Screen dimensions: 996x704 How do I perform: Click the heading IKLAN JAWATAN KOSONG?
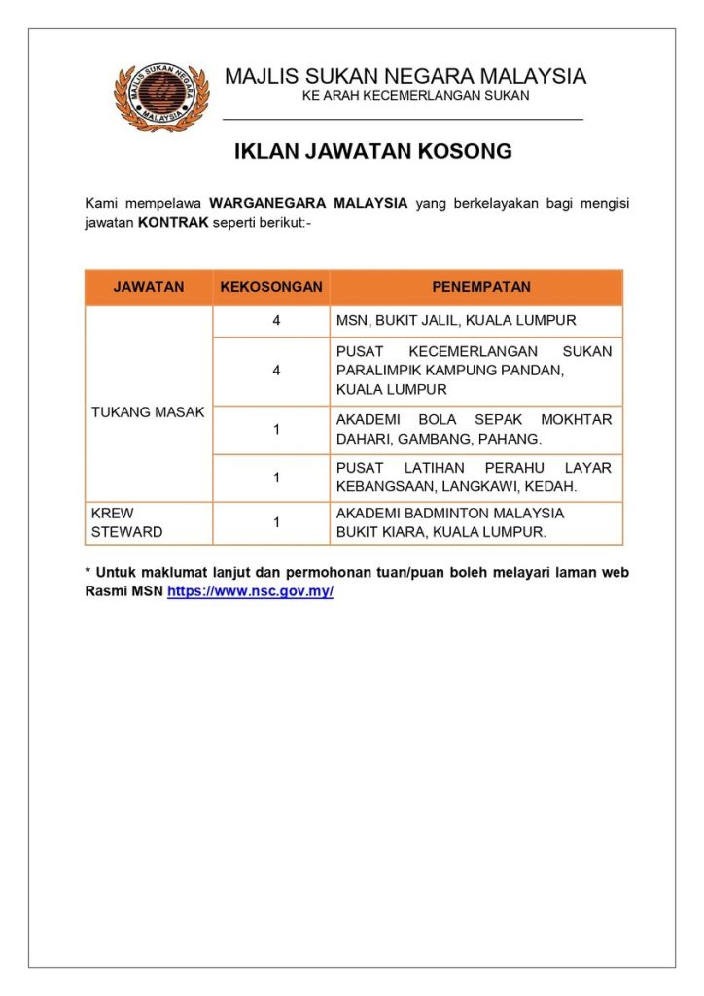click(373, 152)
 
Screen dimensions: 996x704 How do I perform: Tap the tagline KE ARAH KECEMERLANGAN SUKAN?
click(415, 96)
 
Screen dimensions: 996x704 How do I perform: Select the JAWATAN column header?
click(149, 287)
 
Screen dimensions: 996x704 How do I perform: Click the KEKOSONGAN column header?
click(271, 287)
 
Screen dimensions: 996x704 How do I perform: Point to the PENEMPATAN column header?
click(475, 287)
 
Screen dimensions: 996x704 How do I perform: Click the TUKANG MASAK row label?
click(148, 412)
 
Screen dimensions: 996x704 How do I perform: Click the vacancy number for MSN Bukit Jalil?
click(276, 321)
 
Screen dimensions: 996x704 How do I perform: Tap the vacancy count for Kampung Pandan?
click(276, 371)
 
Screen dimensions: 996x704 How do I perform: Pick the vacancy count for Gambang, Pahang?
click(276, 429)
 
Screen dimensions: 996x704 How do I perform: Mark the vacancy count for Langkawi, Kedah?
click(276, 478)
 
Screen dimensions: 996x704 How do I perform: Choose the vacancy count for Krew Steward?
click(276, 522)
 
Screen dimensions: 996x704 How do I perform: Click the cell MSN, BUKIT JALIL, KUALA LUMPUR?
click(456, 321)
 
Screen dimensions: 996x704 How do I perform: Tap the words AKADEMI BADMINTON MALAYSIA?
click(450, 514)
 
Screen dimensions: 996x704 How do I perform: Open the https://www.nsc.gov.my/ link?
click(250, 591)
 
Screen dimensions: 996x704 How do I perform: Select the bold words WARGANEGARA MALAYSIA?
click(307, 204)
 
